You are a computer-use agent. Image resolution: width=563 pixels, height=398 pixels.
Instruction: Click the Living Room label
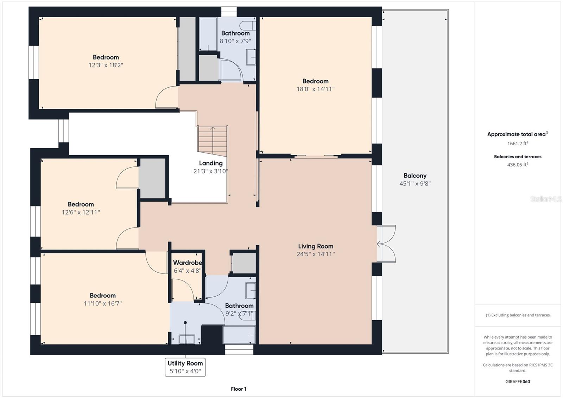coord(316,246)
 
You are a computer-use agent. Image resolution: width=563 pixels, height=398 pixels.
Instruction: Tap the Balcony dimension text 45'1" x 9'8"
coord(415,184)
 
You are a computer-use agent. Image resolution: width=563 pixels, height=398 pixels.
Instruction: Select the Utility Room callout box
coord(185,367)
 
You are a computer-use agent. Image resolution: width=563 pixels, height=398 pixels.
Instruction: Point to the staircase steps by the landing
coord(213,141)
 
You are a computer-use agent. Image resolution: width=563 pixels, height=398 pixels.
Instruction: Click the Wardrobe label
coord(188,263)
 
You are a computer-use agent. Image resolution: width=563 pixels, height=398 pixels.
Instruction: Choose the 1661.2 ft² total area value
coord(518,143)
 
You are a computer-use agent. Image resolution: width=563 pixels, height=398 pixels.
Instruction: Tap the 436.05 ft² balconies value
coord(518,165)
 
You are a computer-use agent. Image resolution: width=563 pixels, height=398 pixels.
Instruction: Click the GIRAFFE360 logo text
coord(518,381)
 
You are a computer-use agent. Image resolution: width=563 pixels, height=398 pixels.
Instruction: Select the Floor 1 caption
coord(239,389)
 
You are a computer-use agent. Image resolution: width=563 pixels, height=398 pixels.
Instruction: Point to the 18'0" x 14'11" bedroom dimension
coord(315,89)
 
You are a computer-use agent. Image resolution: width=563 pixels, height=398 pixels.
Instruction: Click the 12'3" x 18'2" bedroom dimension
coord(106,65)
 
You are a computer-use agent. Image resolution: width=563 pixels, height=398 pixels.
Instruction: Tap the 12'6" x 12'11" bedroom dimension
coord(81,212)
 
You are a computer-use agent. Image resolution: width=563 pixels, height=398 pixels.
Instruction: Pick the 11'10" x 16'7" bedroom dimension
coord(102,303)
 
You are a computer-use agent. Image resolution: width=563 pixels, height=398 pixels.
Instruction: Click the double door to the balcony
coord(386,244)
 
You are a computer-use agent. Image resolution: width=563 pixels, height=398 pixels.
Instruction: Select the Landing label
coord(211,163)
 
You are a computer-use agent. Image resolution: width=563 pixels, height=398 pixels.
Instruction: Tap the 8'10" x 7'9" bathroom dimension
coord(235,41)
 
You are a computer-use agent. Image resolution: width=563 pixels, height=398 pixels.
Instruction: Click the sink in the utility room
coord(186,339)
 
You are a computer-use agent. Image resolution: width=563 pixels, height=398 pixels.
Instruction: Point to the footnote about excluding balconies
coord(518,315)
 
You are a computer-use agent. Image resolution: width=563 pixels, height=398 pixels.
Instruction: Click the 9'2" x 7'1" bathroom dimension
coord(239,314)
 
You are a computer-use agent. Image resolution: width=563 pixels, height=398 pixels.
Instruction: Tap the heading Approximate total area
coord(518,134)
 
